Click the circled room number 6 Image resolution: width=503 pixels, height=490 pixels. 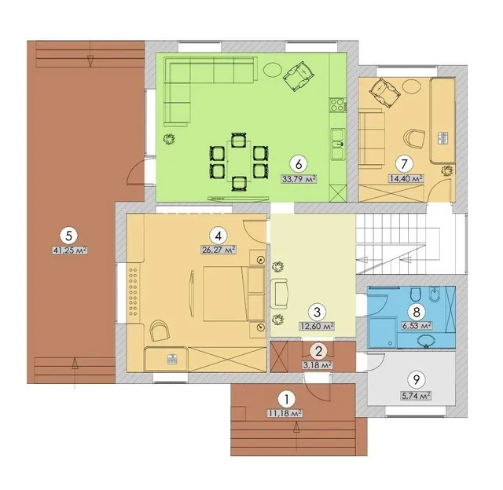[x=299, y=164]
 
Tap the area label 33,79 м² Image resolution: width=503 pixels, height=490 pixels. [x=299, y=178]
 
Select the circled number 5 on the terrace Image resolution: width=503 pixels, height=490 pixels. [x=69, y=236]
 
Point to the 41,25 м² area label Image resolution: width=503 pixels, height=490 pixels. [x=70, y=250]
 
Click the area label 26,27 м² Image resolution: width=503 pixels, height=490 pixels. [x=218, y=250]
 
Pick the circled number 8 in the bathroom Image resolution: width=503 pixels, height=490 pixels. [x=417, y=312]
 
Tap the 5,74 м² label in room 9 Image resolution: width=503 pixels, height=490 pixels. [x=416, y=396]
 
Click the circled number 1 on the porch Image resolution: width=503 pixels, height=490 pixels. [x=286, y=400]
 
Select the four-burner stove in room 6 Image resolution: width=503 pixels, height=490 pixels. [x=337, y=104]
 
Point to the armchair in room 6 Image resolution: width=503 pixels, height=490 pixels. [x=298, y=76]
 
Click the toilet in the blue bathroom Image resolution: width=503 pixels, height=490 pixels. [x=417, y=294]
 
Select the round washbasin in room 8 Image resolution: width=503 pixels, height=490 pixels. [x=427, y=341]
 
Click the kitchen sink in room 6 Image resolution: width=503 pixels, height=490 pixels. [x=338, y=144]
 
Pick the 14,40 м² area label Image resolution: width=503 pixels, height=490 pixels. [x=406, y=178]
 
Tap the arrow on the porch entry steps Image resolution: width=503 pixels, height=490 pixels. [x=296, y=436]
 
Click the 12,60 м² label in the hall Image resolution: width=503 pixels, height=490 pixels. [x=317, y=326]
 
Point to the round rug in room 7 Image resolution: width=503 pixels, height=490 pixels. [x=411, y=86]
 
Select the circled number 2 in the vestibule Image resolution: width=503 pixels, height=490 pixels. [x=318, y=352]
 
